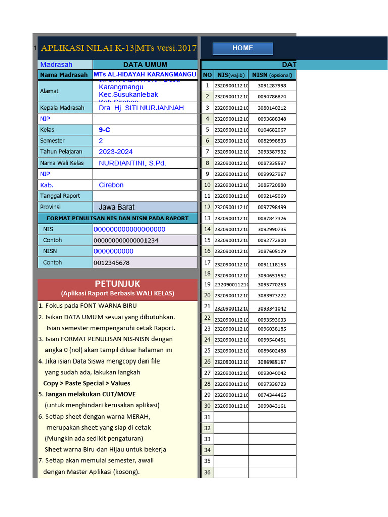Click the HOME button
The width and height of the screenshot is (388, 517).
pyautogui.click(x=243, y=48)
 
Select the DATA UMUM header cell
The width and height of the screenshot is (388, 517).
pyautogui.click(x=145, y=65)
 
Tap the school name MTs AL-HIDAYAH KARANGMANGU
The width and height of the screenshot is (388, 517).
pyautogui.click(x=145, y=75)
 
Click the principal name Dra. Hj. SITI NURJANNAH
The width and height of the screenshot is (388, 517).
pyautogui.click(x=141, y=108)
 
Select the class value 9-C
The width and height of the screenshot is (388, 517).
pyautogui.click(x=105, y=130)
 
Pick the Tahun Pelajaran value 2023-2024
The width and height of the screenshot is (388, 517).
pyautogui.click(x=116, y=152)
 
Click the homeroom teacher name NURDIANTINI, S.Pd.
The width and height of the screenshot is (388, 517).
pyautogui.click(x=132, y=163)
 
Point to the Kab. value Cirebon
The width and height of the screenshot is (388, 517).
pyautogui.click(x=111, y=185)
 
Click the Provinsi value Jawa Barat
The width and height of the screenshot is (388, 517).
pyautogui.click(x=116, y=207)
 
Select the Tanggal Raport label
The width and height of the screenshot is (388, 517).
pyautogui.click(x=60, y=196)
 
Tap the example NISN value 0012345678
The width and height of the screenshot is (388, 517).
pyautogui.click(x=112, y=263)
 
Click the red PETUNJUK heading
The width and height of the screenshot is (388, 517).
pyautogui.click(x=117, y=284)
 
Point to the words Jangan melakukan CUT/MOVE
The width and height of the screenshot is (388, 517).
pyautogui.click(x=90, y=394)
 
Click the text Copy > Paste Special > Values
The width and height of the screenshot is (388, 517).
pyautogui.click(x=86, y=383)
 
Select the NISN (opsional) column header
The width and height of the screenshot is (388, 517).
pyautogui.click(x=272, y=75)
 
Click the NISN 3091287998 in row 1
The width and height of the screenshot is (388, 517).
pyautogui.click(x=272, y=86)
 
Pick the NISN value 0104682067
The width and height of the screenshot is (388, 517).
pyautogui.click(x=272, y=130)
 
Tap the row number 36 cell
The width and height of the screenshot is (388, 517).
pyautogui.click(x=207, y=473)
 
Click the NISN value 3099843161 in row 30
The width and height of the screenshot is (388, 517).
pyautogui.click(x=272, y=406)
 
